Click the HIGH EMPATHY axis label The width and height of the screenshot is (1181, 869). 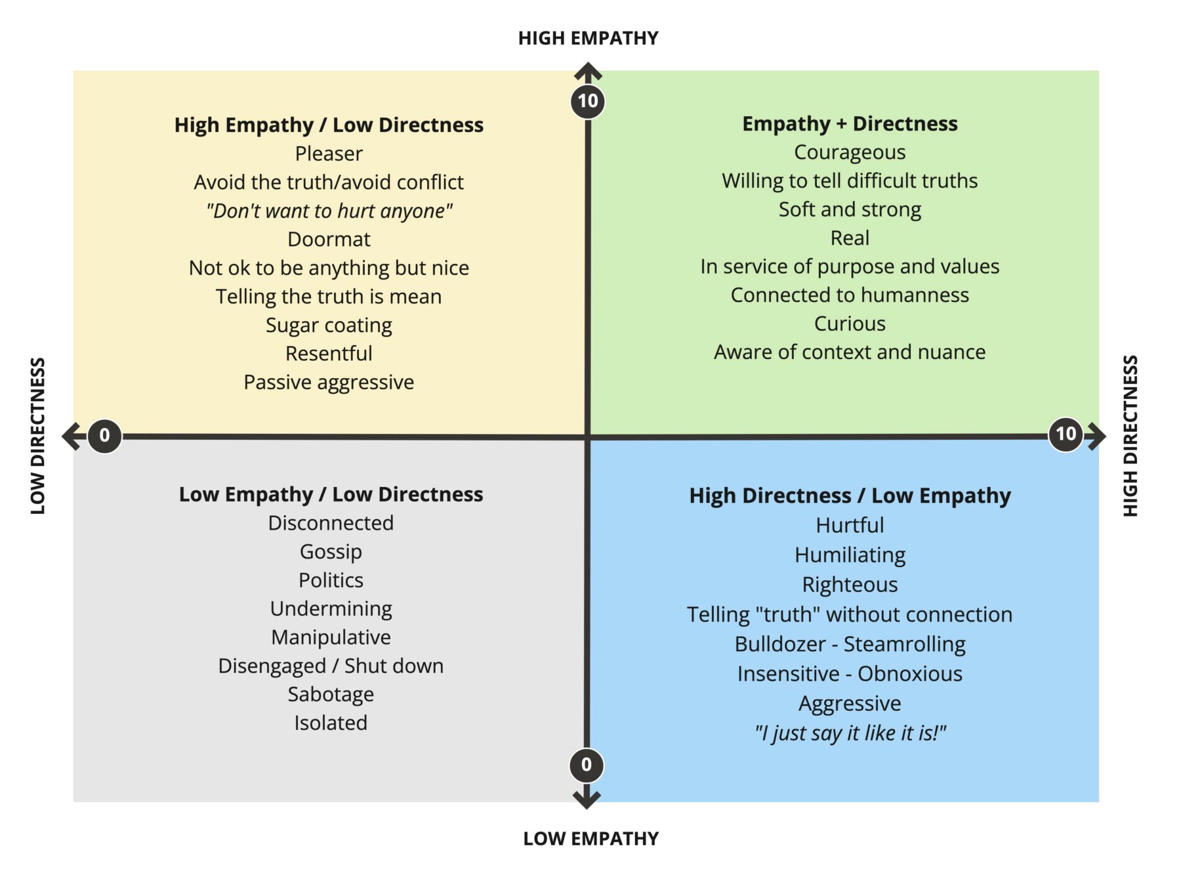[588, 38]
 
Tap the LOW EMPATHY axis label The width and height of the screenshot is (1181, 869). [590, 838]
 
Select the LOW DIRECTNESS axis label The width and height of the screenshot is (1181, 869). [38, 436]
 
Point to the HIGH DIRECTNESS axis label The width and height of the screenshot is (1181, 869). [1130, 436]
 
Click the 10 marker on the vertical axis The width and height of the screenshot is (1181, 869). [588, 101]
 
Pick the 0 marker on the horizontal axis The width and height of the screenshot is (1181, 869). [104, 435]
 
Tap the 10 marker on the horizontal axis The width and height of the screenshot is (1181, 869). [1066, 433]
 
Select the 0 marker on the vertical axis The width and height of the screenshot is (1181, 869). [587, 765]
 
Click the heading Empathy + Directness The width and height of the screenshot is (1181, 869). [850, 123]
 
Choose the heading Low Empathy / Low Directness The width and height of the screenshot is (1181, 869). [331, 494]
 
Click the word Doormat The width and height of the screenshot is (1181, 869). [329, 239]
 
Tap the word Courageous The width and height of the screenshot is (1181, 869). [850, 152]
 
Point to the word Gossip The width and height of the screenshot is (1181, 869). [331, 551]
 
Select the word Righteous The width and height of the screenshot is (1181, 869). [850, 584]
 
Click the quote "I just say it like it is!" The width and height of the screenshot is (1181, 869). [850, 732]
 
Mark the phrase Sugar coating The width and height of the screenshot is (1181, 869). [329, 325]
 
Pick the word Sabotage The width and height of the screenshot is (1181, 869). [331, 694]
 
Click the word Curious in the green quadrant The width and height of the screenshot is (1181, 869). [850, 324]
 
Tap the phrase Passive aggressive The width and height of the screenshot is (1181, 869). [329, 382]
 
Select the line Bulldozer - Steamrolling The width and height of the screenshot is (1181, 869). [850, 644]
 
